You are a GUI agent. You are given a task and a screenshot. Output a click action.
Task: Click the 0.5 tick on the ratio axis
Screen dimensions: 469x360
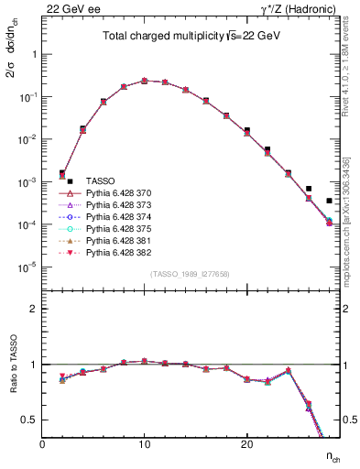click(x=29, y=420)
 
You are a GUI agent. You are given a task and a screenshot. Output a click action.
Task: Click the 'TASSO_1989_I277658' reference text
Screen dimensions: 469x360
click(x=191, y=274)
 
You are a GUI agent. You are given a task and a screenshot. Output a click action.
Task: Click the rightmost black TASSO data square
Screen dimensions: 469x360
click(x=329, y=201)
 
